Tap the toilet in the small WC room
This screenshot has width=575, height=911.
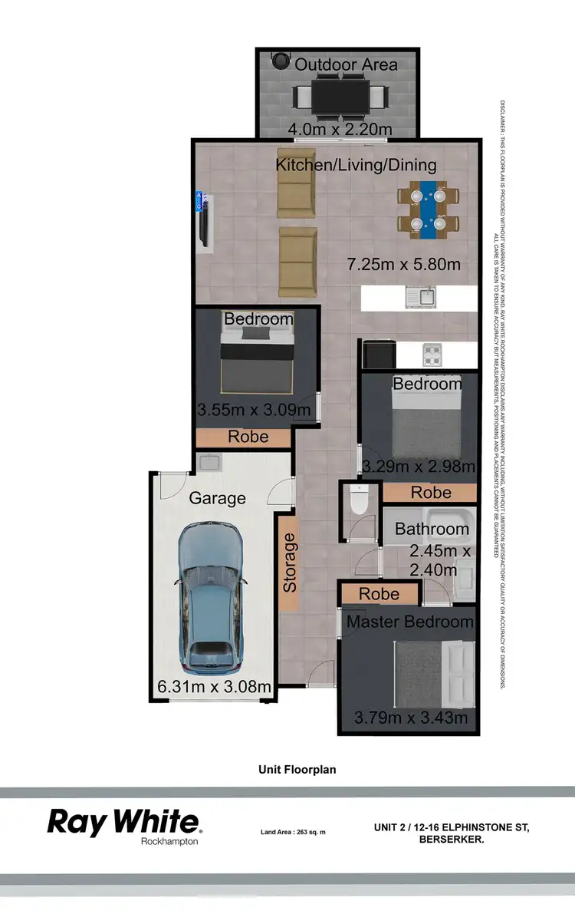359,500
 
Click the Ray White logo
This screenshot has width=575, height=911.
125,822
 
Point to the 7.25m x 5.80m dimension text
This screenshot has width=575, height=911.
403,265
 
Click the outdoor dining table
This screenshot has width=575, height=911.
340,96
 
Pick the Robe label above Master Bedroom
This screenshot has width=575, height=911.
379,593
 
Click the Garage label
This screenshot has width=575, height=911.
218,498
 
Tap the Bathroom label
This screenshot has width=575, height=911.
432,529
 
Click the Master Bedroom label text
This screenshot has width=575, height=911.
410,621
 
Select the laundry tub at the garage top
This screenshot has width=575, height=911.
208,462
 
